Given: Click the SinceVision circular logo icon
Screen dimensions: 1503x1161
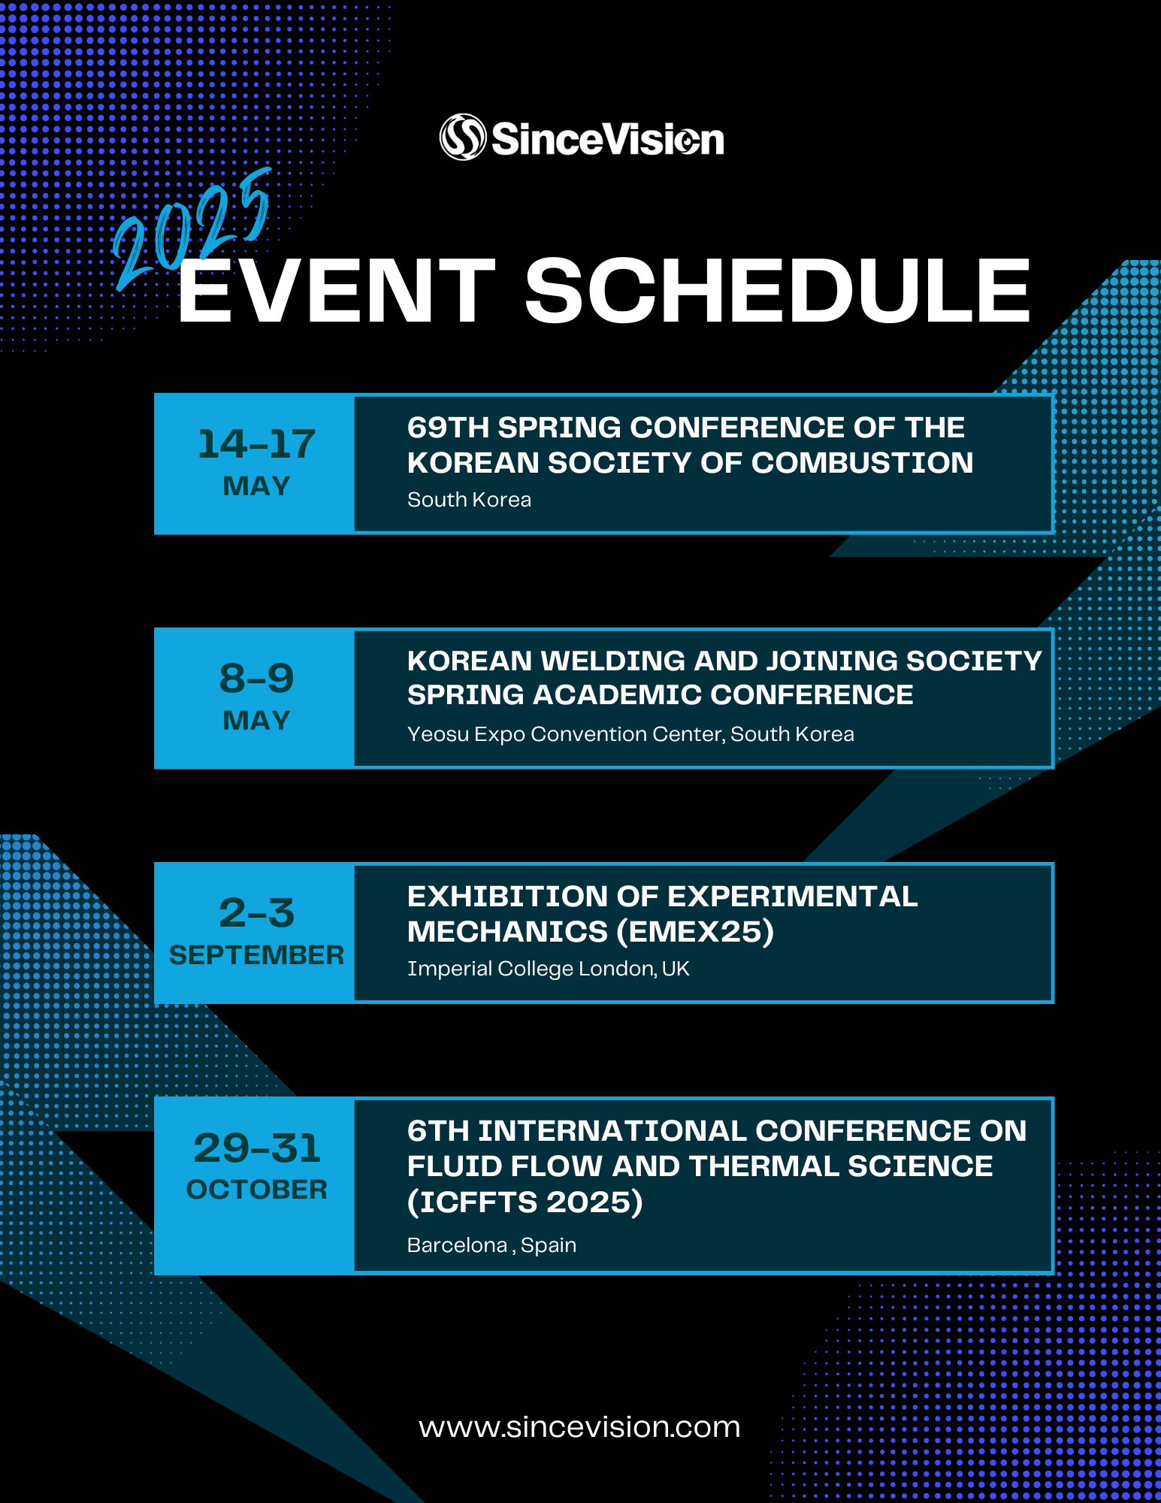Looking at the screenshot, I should (462, 137).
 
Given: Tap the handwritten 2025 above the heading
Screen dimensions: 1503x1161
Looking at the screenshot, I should (192, 230).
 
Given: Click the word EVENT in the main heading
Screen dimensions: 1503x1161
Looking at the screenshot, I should (336, 292).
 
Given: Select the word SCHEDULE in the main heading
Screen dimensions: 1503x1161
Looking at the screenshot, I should (777, 292).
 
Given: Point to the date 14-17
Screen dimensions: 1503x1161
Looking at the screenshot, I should (256, 444).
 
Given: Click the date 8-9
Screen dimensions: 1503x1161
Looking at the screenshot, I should (256, 679).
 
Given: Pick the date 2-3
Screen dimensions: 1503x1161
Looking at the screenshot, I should (256, 913).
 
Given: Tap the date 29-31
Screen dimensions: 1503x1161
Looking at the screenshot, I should (256, 1148).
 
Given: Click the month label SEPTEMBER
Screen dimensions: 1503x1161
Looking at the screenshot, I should (256, 955).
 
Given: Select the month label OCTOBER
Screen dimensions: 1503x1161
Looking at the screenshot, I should (256, 1190).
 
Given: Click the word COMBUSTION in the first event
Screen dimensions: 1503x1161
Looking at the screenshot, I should (862, 463).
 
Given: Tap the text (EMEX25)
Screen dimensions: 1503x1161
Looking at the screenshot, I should (695, 932).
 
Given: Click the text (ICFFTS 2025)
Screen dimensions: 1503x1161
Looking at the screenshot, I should (525, 1202).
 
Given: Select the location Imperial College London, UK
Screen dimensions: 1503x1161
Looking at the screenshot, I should (548, 969).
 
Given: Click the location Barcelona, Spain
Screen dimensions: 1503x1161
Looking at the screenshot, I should (491, 1245).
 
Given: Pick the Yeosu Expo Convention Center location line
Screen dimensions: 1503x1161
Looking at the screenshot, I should (630, 734).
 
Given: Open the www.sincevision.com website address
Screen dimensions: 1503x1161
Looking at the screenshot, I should (579, 1427).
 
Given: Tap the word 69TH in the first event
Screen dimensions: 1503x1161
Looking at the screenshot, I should (447, 428).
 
